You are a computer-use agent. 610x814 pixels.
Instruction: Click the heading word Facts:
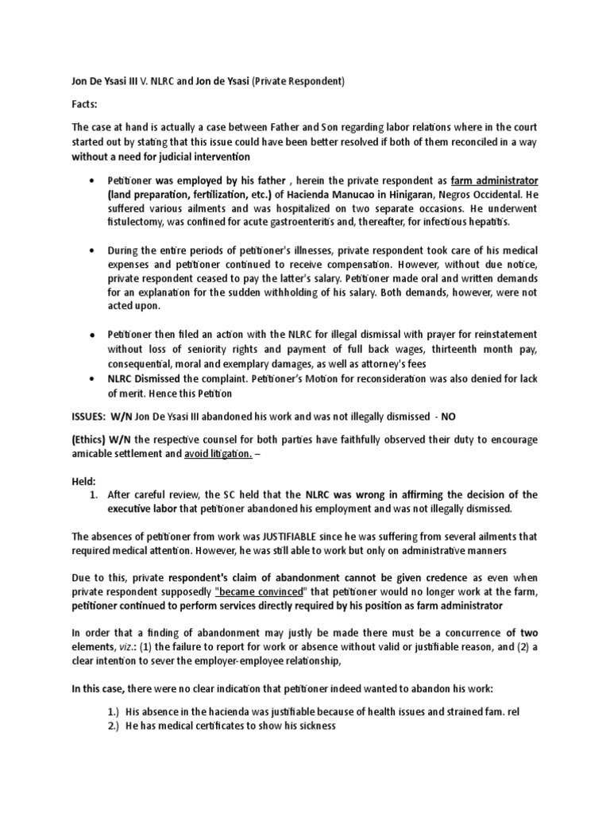[86, 103]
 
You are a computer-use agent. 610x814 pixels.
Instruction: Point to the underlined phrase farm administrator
[493, 180]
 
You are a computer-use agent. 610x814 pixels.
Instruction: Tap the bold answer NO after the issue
[449, 417]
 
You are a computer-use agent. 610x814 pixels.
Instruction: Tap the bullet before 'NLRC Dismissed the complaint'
[93, 380]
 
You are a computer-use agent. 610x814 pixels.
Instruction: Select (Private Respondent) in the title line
[303, 80]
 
